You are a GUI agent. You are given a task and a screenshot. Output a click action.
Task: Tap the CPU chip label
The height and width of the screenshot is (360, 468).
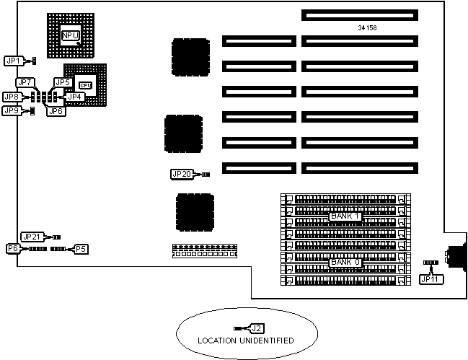pyautogui.click(x=85, y=85)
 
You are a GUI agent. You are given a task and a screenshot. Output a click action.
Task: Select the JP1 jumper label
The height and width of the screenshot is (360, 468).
pyautogui.click(x=14, y=61)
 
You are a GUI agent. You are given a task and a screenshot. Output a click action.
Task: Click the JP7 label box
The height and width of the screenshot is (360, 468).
pyautogui.click(x=25, y=82)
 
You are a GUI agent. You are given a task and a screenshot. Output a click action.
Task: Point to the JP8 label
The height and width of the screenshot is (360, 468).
pyautogui.click(x=12, y=97)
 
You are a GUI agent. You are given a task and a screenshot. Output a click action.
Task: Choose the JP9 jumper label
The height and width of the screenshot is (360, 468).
pyautogui.click(x=12, y=110)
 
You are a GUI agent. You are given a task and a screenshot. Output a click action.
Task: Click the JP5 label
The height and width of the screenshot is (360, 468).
pyautogui.click(x=63, y=82)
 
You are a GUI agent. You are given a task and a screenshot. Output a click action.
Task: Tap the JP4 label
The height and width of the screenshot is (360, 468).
pyautogui.click(x=76, y=96)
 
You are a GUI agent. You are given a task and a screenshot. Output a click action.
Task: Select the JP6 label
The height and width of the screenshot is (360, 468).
pyautogui.click(x=54, y=110)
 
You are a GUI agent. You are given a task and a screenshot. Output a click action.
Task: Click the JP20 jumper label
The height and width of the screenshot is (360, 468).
pyautogui.click(x=181, y=174)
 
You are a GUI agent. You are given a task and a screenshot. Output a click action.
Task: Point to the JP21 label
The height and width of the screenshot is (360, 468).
pyautogui.click(x=32, y=237)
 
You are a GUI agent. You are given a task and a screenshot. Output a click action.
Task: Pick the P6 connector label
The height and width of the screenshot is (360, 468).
pyautogui.click(x=12, y=248)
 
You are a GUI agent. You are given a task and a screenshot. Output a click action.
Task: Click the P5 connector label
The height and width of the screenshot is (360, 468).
pyautogui.click(x=81, y=248)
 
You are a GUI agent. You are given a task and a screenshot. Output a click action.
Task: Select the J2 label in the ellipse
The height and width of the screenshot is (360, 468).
pyautogui.click(x=256, y=328)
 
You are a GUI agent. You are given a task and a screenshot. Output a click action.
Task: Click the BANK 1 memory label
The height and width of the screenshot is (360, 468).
pyautogui.click(x=345, y=216)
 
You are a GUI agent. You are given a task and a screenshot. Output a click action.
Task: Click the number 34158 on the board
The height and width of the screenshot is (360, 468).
pyautogui.click(x=367, y=28)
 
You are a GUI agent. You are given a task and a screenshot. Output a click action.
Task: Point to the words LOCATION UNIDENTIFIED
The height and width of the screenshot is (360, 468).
pyautogui.click(x=247, y=340)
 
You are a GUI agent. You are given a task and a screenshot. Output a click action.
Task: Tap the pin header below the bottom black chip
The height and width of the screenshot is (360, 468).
pyautogui.click(x=205, y=252)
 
